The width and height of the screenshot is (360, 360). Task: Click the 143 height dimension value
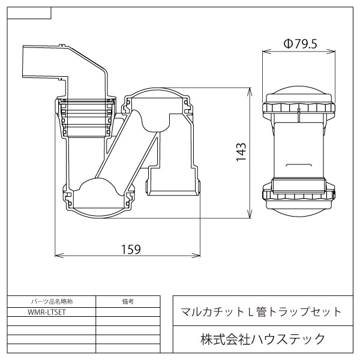[x=240, y=153]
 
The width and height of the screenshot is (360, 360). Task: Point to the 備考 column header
[x=127, y=301]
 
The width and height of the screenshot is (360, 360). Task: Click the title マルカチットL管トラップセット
[x=262, y=311]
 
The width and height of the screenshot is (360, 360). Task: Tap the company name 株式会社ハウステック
[x=262, y=340]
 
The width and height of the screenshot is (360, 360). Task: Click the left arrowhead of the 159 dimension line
[x=58, y=254]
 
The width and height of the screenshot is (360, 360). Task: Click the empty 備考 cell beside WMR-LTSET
[x=127, y=312]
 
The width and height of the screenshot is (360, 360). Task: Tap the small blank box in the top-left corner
[x=30, y=12]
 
